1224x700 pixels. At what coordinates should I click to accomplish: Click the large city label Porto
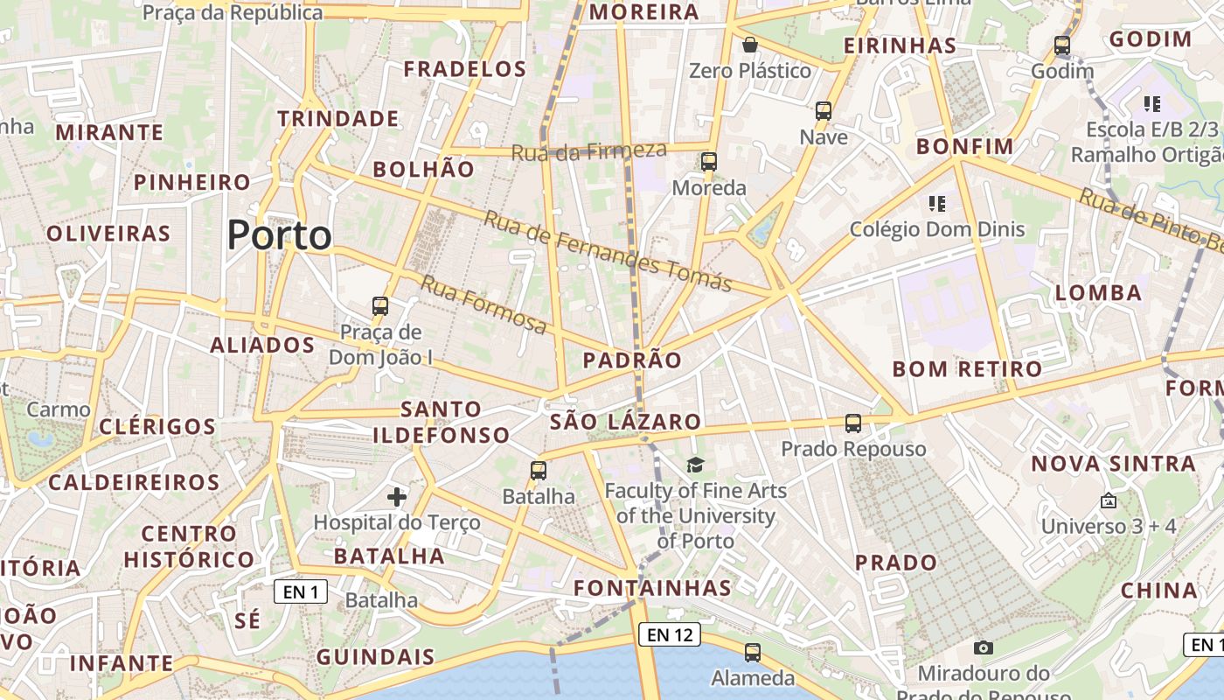[x=280, y=235]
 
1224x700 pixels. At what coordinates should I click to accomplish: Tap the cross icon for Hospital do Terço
[x=397, y=497]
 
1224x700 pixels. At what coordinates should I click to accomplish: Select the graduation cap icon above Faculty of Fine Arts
[x=695, y=465]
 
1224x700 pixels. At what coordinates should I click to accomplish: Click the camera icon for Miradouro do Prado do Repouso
[x=984, y=647]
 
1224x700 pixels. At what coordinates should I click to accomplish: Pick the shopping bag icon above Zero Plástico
[x=749, y=45]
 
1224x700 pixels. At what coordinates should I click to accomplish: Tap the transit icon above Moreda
[x=708, y=162]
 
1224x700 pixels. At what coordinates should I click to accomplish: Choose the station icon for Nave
[x=823, y=111]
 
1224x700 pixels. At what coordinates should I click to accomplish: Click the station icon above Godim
[x=1062, y=45]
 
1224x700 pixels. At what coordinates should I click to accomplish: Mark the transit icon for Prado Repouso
[x=853, y=423]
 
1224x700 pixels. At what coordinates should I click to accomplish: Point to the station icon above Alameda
[x=752, y=652]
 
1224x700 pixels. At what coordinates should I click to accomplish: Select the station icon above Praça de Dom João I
[x=380, y=306]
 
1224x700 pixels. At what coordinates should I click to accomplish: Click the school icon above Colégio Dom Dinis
[x=937, y=205]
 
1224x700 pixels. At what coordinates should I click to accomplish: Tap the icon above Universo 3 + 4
[x=1108, y=500]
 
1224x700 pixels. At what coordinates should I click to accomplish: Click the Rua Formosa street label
[x=483, y=304]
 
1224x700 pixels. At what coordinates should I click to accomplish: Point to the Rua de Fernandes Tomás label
[x=608, y=251]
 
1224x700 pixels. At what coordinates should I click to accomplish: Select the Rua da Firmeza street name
[x=588, y=150]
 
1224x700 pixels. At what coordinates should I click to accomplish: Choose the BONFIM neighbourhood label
[x=964, y=146]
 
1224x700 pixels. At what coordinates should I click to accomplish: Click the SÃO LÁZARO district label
[x=625, y=422]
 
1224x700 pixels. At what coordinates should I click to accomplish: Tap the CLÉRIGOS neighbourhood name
[x=157, y=426]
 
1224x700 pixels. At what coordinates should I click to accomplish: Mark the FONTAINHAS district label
[x=652, y=587]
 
